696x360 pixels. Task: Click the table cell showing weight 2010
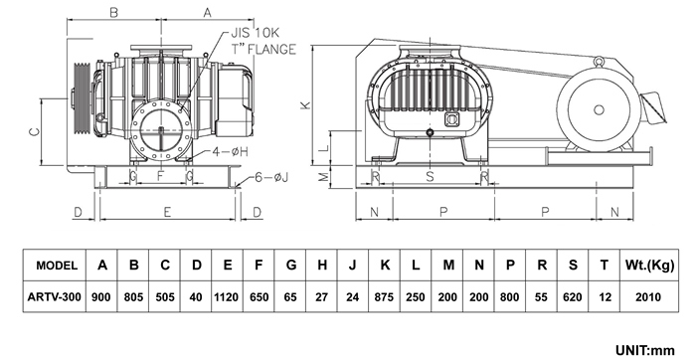click(648, 297)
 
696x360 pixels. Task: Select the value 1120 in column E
click(226, 297)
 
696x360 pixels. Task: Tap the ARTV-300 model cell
click(54, 297)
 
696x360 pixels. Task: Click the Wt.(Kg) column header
click(649, 266)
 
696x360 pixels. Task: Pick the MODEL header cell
click(57, 266)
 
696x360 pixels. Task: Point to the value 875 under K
click(384, 297)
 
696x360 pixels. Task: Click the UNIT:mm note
click(644, 351)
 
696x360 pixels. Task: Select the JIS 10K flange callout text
click(262, 41)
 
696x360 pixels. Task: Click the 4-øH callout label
click(230, 152)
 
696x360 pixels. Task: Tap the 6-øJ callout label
click(271, 177)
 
